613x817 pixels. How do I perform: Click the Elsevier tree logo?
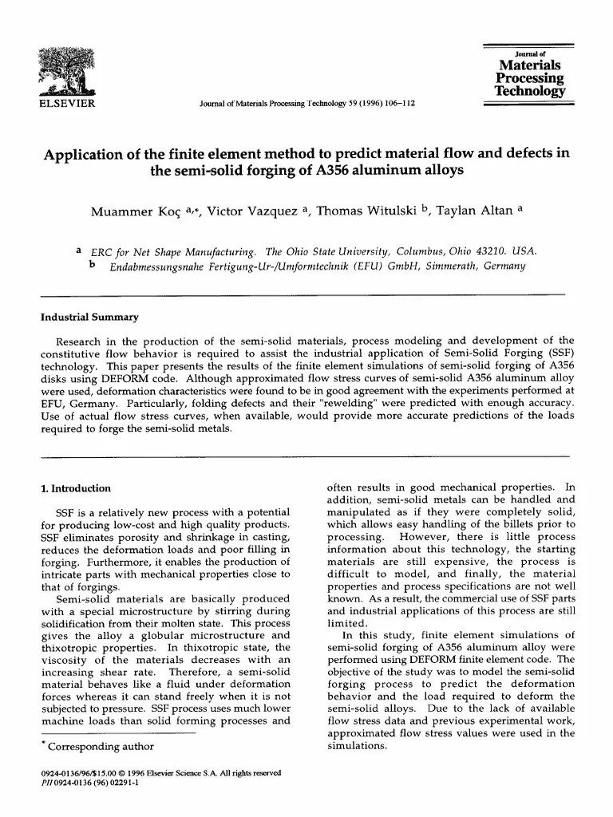[x=67, y=72]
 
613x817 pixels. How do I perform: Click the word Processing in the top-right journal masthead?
[x=530, y=78]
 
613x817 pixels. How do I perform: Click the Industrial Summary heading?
[x=89, y=317]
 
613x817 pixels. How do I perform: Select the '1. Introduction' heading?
[x=76, y=488]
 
